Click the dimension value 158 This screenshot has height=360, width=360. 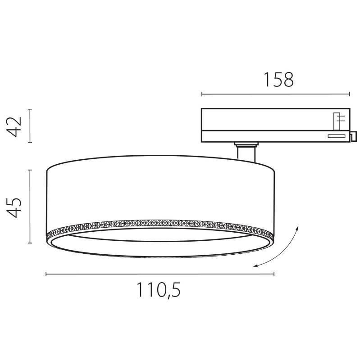(278, 80)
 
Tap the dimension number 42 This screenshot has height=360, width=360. (15, 126)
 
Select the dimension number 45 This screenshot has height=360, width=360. (15, 207)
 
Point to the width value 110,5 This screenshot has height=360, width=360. (159, 290)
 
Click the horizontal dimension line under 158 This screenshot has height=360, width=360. (275, 94)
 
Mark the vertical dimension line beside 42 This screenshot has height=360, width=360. (30, 126)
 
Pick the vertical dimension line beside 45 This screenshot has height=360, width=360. (30, 206)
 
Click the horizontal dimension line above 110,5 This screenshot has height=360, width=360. (159, 274)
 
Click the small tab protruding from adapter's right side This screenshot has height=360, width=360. (353, 135)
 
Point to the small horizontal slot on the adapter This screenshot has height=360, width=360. (336, 136)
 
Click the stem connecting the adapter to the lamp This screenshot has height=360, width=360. (246, 152)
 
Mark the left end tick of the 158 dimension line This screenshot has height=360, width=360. (202, 94)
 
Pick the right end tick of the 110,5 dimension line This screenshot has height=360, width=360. (274, 274)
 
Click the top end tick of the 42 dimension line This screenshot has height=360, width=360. (30, 109)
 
